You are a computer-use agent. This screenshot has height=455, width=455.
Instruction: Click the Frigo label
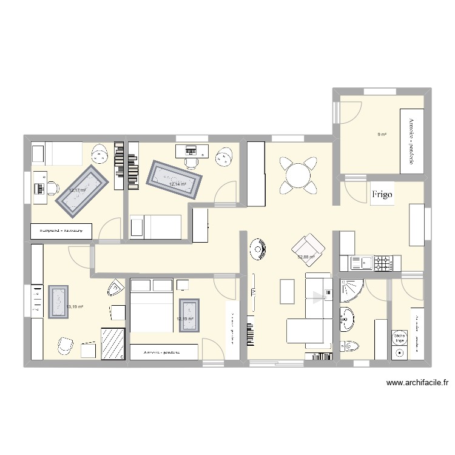(382, 195)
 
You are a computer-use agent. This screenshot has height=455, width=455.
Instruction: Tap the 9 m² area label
(382, 135)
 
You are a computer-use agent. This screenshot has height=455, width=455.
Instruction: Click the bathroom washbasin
(348, 318)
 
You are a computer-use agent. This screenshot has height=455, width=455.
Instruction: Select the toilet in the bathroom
(350, 346)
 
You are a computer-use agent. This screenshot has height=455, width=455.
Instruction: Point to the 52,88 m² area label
(306, 257)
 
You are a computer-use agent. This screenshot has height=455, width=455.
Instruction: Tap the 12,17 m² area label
(78, 190)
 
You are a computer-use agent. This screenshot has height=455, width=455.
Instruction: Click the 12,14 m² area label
(177, 184)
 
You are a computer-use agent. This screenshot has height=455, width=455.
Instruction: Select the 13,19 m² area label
(75, 307)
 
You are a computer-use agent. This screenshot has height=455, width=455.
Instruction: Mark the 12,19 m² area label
(185, 319)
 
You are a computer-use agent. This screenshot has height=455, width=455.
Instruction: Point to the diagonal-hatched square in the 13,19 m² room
(113, 343)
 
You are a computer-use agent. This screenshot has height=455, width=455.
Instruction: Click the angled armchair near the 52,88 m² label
(308, 247)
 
